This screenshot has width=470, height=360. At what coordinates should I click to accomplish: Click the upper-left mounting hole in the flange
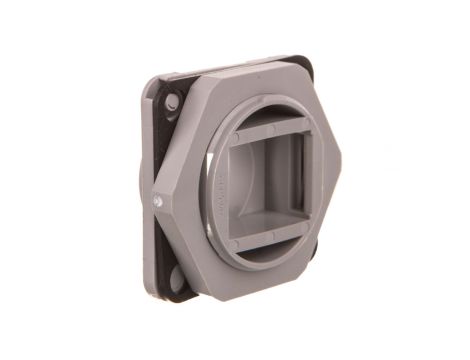point(172,102)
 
